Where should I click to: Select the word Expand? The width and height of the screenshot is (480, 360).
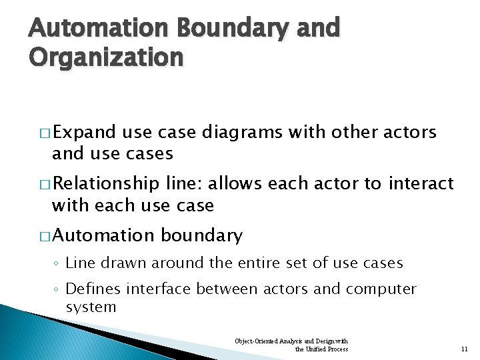point(83,133)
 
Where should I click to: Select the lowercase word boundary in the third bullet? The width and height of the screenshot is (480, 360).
point(202,235)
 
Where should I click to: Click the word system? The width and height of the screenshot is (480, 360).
point(91,307)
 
